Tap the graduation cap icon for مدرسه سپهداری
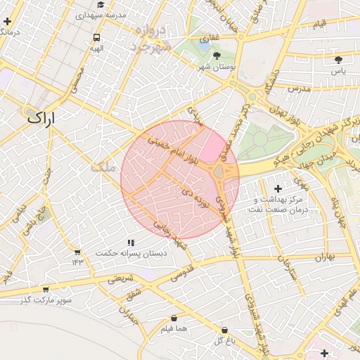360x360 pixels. point(101,5)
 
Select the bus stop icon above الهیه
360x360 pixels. point(96,38)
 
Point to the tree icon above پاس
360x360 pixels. point(339,60)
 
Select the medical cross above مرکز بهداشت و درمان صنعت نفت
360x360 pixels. point(278,188)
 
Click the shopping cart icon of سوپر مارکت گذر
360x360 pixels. point(46,289)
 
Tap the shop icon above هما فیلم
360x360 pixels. point(174,318)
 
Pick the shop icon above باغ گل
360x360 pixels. point(224,330)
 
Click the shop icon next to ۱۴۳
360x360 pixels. point(77,252)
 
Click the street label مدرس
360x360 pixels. point(298,89)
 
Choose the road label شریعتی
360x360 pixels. point(120,278)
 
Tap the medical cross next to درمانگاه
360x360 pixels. point(7,22)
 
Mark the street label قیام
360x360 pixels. point(320,25)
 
